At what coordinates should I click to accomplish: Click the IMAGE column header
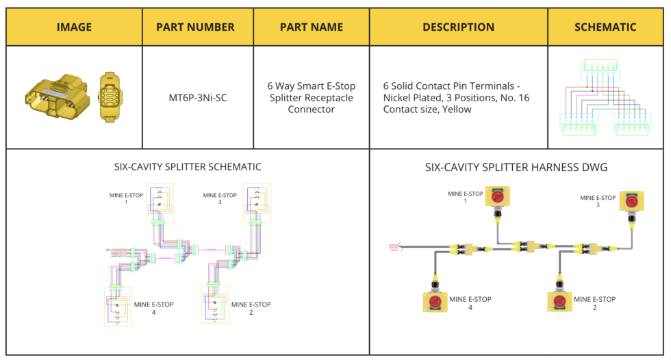click(x=74, y=27)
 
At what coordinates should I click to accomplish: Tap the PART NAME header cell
click(x=312, y=27)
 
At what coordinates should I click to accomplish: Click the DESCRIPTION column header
click(x=458, y=27)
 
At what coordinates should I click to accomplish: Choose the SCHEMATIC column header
click(x=605, y=27)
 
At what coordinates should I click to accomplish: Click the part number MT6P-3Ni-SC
click(x=198, y=98)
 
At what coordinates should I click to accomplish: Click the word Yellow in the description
click(x=456, y=109)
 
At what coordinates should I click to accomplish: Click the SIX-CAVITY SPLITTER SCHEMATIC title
click(x=187, y=166)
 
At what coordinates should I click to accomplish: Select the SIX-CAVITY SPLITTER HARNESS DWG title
click(x=516, y=166)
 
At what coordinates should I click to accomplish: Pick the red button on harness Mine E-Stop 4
click(x=434, y=301)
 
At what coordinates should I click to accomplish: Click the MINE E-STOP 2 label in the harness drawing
click(x=594, y=303)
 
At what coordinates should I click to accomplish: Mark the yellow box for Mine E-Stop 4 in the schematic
click(x=118, y=306)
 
